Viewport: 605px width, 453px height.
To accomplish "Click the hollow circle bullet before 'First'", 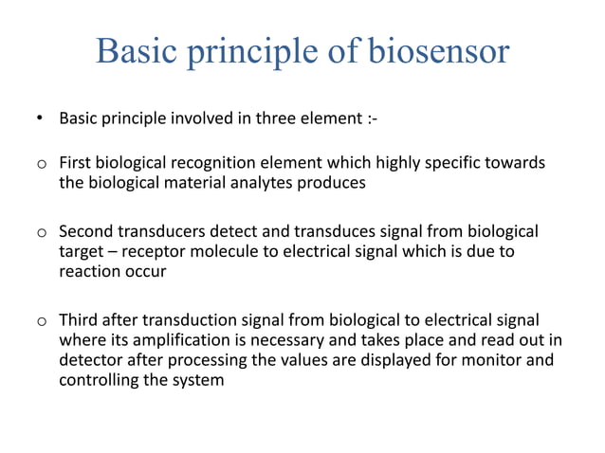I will (42, 164).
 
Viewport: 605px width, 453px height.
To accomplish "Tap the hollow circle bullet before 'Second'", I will (42, 232).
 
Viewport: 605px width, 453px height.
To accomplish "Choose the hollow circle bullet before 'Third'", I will (42, 320).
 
